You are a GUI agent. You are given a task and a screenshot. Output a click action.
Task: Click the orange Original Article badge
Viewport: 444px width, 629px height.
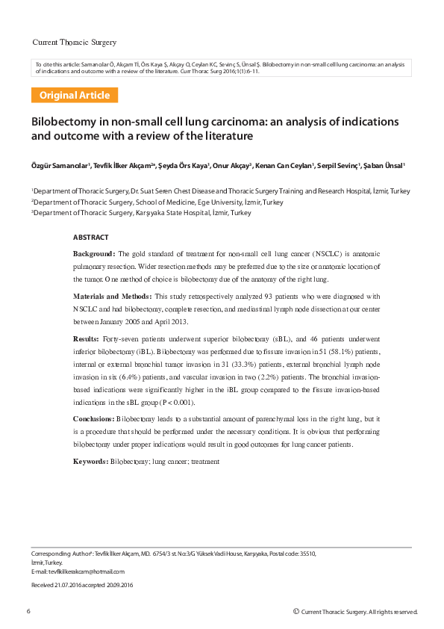(x=75, y=96)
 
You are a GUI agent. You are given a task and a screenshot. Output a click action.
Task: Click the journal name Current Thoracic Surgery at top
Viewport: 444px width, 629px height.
(x=75, y=42)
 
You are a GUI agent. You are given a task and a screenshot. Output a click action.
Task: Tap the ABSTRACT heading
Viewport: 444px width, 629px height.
(x=90, y=237)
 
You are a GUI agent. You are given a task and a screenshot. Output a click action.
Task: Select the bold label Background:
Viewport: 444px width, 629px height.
(x=94, y=254)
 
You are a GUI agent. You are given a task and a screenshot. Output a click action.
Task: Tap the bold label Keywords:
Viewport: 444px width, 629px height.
(x=90, y=462)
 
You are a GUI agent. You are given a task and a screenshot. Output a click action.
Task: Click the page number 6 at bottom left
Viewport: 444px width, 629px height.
(x=29, y=611)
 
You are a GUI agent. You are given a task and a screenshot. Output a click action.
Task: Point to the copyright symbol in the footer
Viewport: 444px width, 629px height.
(x=296, y=611)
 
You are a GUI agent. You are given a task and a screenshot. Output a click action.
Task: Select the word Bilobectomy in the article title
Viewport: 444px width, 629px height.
(x=63, y=122)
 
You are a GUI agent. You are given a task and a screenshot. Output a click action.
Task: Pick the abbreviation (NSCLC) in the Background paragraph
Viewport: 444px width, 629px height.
(x=296, y=254)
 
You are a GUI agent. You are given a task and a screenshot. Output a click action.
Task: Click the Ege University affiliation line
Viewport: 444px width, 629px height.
(x=157, y=202)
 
